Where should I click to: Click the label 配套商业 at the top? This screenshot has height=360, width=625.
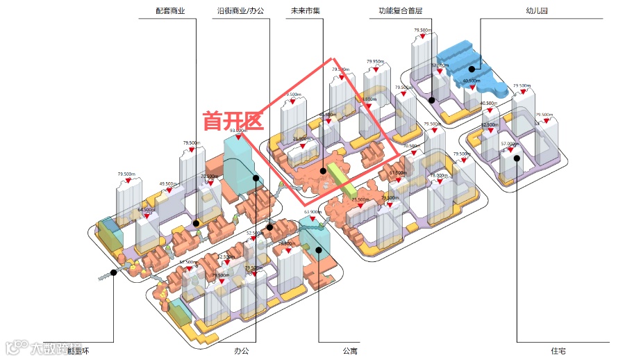(x=171, y=11)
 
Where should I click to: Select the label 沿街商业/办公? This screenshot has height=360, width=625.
(x=241, y=11)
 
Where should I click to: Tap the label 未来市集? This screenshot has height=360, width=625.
(x=306, y=11)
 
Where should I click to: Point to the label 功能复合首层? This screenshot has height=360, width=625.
(x=401, y=11)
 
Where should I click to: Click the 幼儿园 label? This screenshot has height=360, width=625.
(x=537, y=11)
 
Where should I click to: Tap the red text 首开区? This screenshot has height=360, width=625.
(x=233, y=122)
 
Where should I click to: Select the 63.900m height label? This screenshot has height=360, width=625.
(x=312, y=211)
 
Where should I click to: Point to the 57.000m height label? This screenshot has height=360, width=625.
(x=510, y=143)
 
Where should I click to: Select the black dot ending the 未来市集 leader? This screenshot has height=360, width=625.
(x=324, y=170)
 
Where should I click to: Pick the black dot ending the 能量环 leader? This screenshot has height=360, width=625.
(x=112, y=271)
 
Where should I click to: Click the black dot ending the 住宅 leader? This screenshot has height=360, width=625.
(x=517, y=158)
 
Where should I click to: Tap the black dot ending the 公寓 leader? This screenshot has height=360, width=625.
(x=318, y=250)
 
